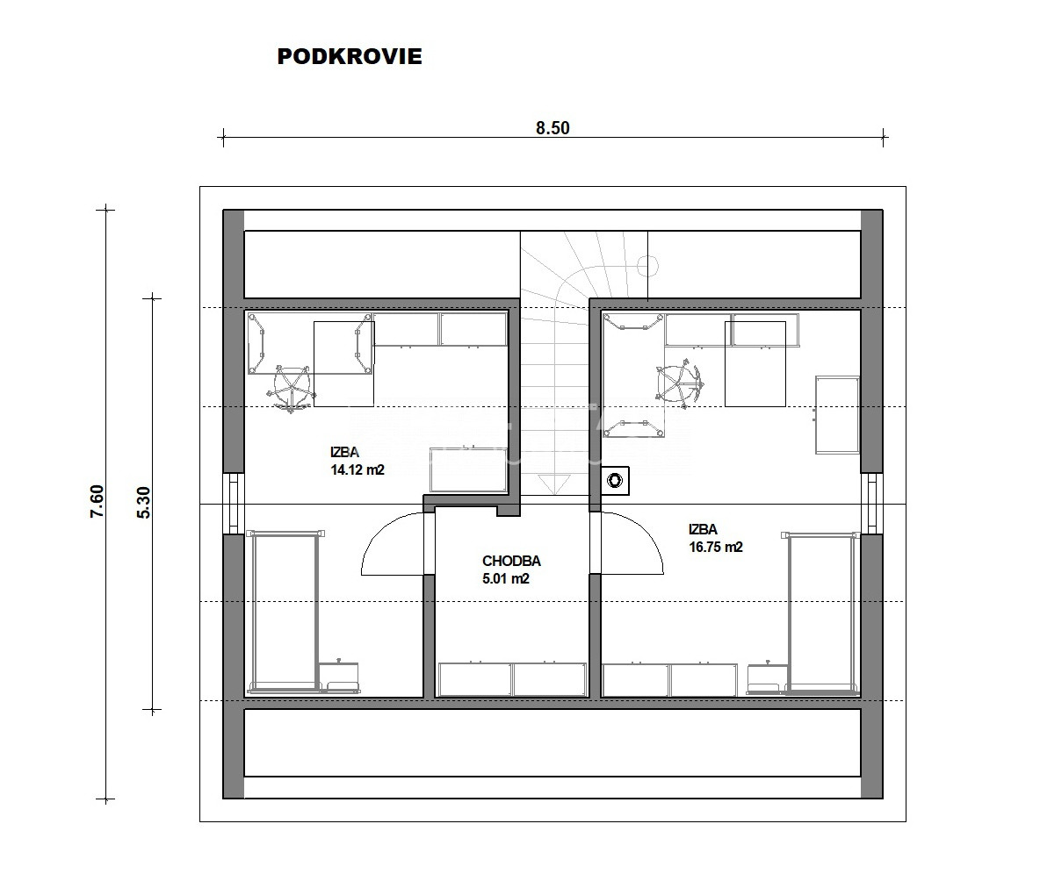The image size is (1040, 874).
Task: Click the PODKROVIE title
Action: pos(350,56)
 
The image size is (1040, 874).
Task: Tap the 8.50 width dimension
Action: pos(552,128)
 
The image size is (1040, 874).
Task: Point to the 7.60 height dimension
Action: pos(97,502)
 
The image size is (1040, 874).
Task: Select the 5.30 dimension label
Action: pos(144,503)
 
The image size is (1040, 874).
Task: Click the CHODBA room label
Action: pos(511,562)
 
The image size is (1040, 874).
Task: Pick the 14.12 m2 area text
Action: pos(357,469)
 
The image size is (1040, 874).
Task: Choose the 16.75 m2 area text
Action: pos(716,548)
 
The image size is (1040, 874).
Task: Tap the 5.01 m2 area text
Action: pos(505,578)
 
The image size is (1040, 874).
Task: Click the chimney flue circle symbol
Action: pos(616,480)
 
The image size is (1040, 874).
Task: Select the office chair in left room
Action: pos(291,389)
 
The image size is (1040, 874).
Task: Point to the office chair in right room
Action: pos(679,383)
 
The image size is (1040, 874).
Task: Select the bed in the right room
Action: pos(820,613)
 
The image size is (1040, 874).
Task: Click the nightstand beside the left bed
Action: pos(339,677)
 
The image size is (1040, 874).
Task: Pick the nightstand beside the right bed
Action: pos(768,677)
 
